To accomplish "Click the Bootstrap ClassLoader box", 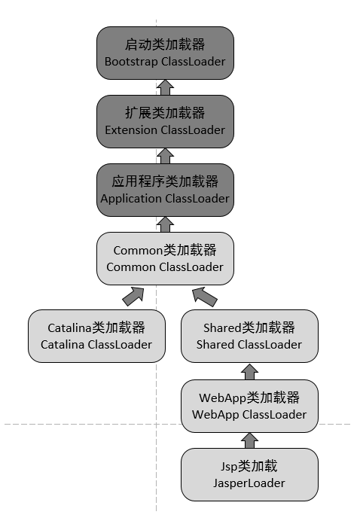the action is [x=165, y=53].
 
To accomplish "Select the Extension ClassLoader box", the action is [x=165, y=121].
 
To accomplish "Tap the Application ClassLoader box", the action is [x=165, y=190].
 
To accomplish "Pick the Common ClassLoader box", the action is [x=165, y=258].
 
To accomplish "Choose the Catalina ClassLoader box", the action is [x=96, y=336].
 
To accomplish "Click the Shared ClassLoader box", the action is [x=249, y=336].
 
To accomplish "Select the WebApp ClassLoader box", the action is [x=249, y=406].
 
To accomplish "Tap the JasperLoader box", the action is [x=249, y=474].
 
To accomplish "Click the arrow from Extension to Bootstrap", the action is [x=165, y=87].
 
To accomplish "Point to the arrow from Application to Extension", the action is [x=165, y=156].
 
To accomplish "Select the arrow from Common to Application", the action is [x=165, y=224].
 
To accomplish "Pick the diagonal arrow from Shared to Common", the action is [x=204, y=297].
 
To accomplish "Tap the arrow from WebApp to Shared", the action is [x=249, y=371].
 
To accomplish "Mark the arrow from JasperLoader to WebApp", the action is [x=249, y=440].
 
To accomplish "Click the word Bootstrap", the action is [x=131, y=62].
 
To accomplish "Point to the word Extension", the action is [x=131, y=130].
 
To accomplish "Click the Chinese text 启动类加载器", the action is [x=165, y=44].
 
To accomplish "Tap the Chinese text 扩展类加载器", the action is [x=165, y=113].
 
